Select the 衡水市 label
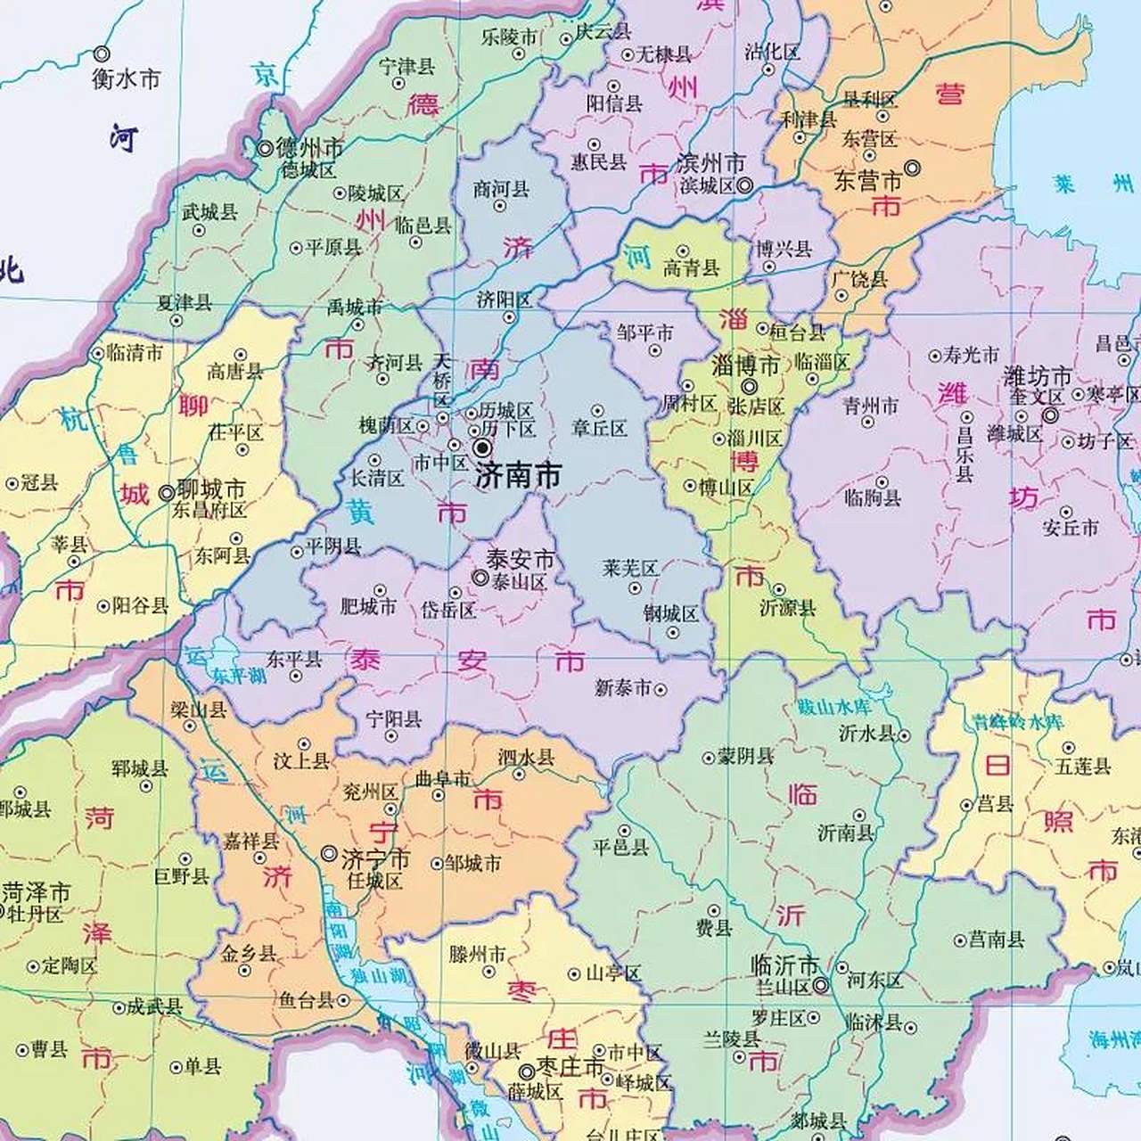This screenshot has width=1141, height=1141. point(126,78)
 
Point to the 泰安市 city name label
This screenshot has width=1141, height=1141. point(520,560)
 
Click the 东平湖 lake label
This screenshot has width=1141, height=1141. point(239,676)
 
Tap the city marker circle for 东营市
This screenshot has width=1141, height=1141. point(913,168)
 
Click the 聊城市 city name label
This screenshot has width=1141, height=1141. point(210,489)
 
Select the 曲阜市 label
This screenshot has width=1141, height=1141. point(443,778)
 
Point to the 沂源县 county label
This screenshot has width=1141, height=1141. point(787,608)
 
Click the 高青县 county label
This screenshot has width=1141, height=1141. point(691,267)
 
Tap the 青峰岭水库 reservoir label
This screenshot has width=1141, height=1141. point(1018,722)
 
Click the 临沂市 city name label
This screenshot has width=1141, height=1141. point(784,965)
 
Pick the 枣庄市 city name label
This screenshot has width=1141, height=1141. point(570,1068)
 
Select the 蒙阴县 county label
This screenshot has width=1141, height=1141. point(745,756)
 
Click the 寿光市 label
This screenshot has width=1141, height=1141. point(971,355)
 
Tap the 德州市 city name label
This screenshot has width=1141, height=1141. point(309,147)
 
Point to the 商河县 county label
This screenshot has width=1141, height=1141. point(501,189)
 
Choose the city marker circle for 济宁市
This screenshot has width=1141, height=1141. point(329,853)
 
